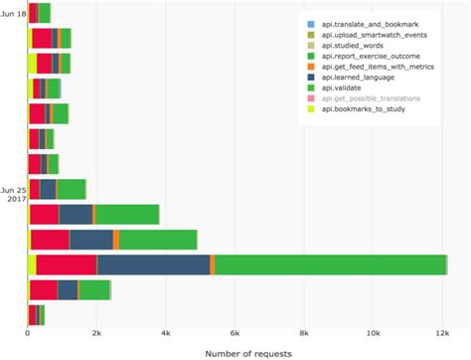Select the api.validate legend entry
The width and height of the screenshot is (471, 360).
point(345,98)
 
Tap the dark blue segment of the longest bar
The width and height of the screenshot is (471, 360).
point(153,264)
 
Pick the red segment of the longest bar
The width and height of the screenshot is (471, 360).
point(67,264)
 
